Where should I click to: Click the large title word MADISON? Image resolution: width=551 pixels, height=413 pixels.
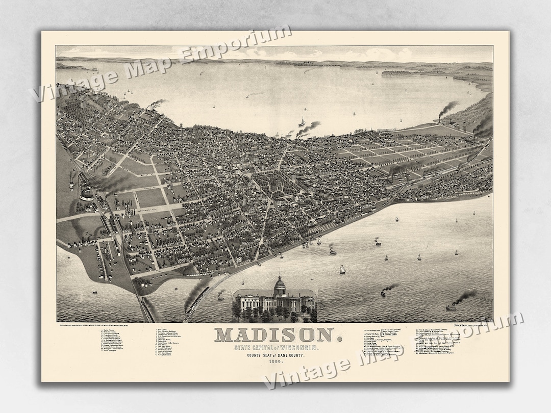pyautogui.click(x=274, y=335)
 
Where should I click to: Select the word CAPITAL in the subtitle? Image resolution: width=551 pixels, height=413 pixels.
pyautogui.click(x=262, y=347)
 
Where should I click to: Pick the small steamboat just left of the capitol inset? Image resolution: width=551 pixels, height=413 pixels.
pyautogui.click(x=220, y=295)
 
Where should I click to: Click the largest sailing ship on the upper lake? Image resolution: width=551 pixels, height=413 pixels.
pyautogui.click(x=302, y=123)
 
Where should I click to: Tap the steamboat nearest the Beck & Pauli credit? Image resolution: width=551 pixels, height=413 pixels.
pyautogui.click(x=452, y=306)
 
